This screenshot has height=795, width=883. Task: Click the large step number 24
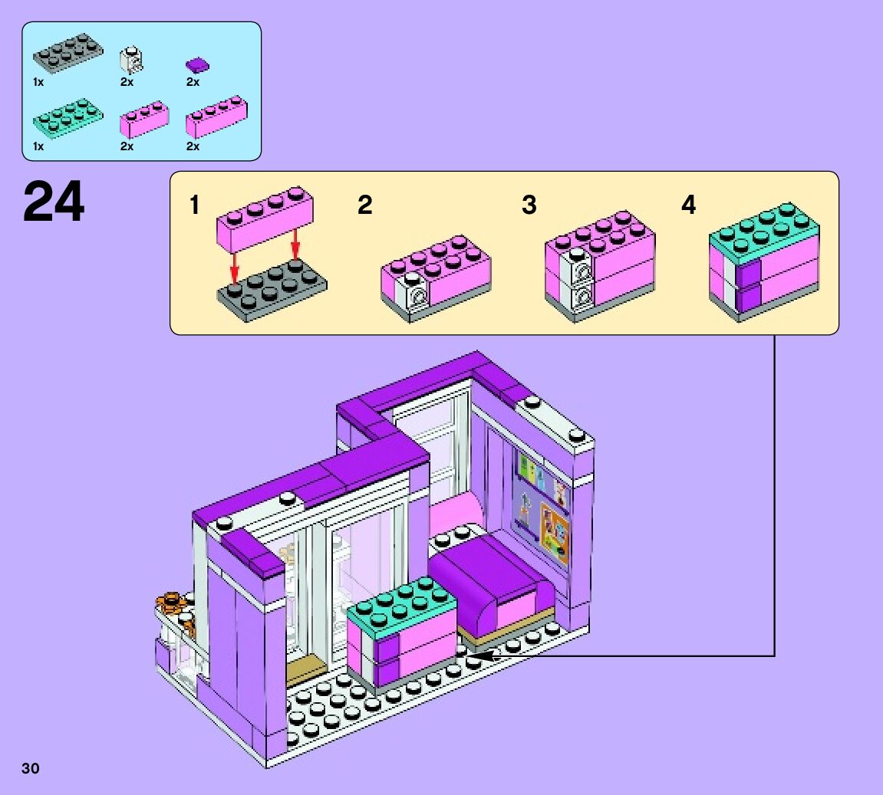click(x=54, y=202)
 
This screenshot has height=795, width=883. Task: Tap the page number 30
click(x=31, y=769)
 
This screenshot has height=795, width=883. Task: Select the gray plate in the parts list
click(x=68, y=51)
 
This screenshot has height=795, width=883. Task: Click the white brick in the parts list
click(x=132, y=60)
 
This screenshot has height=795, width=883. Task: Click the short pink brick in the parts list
click(x=144, y=119)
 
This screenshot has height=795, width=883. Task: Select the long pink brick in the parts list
click(x=216, y=116)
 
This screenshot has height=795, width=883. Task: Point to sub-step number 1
click(x=195, y=205)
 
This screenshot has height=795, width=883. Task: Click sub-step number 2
click(x=365, y=205)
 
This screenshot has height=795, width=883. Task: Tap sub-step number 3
click(x=529, y=205)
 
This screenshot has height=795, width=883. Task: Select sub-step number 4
click(x=689, y=205)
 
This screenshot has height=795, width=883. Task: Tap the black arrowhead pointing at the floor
click(x=483, y=655)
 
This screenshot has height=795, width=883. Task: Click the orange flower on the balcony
click(x=171, y=603)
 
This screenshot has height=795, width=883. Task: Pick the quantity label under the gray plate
click(x=38, y=81)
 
